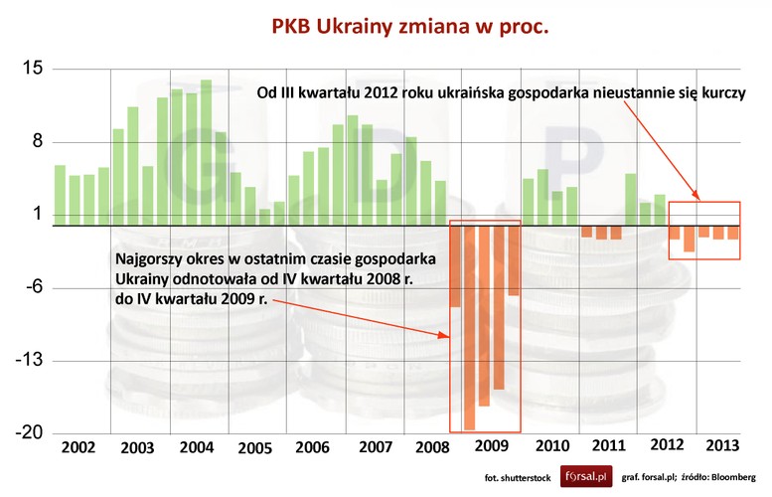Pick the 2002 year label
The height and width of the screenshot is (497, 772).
pos(77,447)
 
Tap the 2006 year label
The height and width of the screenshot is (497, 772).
pos(313,447)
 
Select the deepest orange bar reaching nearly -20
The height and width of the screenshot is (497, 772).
pos(470,328)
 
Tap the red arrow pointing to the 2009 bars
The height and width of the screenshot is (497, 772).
pos(368,318)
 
